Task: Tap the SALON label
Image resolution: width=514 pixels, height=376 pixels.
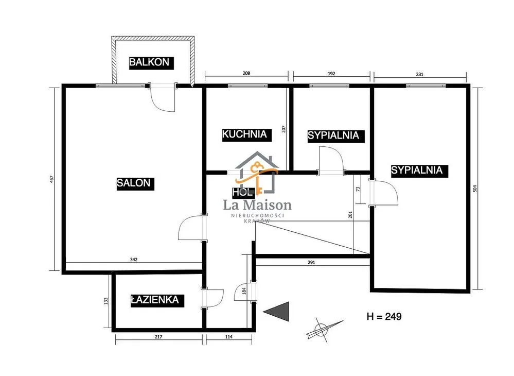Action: (x=135, y=183)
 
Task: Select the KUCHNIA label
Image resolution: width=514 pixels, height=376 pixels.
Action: (x=246, y=134)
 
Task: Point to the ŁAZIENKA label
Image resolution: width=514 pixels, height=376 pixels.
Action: (x=157, y=300)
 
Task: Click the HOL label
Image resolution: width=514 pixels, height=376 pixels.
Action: (x=243, y=192)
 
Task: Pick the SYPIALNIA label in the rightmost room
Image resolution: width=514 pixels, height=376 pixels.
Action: (x=419, y=170)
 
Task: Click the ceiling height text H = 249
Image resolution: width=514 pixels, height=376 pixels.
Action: (x=384, y=317)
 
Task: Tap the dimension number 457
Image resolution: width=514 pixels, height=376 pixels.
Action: (x=51, y=179)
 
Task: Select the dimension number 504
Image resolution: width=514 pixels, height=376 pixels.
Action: (x=475, y=189)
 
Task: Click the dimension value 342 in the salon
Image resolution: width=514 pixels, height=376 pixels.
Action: (x=134, y=260)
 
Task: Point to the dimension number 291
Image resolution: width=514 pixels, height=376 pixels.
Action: (x=311, y=263)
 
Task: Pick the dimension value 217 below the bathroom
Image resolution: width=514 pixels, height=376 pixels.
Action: (x=158, y=337)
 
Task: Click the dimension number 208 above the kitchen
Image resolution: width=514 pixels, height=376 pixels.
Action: (x=246, y=73)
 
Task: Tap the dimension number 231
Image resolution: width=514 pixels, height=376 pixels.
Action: (x=420, y=75)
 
